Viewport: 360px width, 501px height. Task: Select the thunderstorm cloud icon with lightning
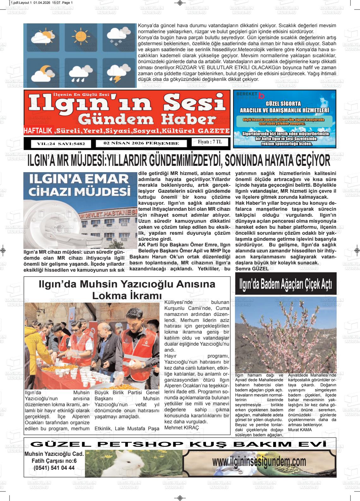click(116, 73)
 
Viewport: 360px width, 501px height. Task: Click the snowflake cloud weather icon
click(116, 37)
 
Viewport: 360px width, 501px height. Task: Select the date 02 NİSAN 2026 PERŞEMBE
click(141, 143)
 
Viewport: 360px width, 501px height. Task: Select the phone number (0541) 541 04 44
click(54, 468)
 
